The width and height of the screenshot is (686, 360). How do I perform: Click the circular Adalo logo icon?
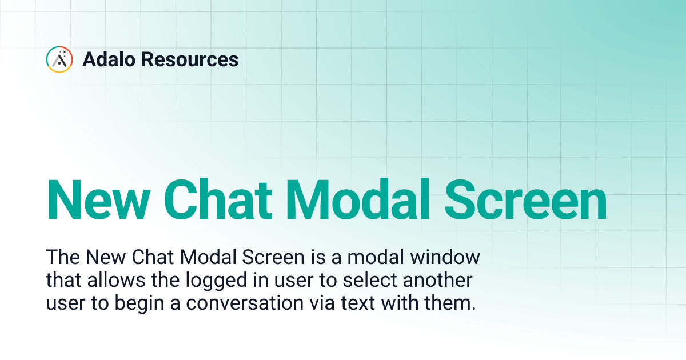click(59, 59)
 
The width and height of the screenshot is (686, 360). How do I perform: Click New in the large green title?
click(92, 201)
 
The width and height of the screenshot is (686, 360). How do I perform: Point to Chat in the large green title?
click(211, 201)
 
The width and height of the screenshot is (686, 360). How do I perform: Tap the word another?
click(441, 281)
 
